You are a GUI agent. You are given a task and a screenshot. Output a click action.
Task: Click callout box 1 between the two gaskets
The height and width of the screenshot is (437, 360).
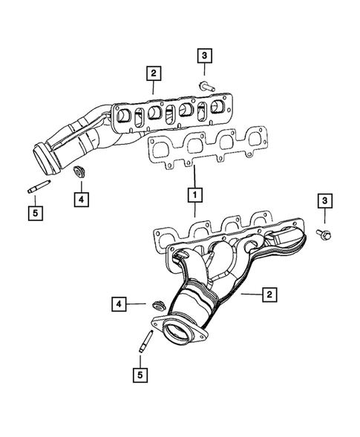194,195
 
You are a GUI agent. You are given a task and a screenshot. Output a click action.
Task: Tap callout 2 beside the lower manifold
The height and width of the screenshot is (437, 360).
269,295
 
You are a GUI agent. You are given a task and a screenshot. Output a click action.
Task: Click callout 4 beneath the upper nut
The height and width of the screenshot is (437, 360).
79,198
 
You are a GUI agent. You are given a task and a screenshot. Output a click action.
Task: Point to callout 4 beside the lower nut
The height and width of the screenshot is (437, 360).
118,303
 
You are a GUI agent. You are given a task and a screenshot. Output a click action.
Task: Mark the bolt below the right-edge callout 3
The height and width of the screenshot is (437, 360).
324,234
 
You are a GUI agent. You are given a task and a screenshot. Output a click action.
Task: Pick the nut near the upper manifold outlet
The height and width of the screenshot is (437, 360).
78,174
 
